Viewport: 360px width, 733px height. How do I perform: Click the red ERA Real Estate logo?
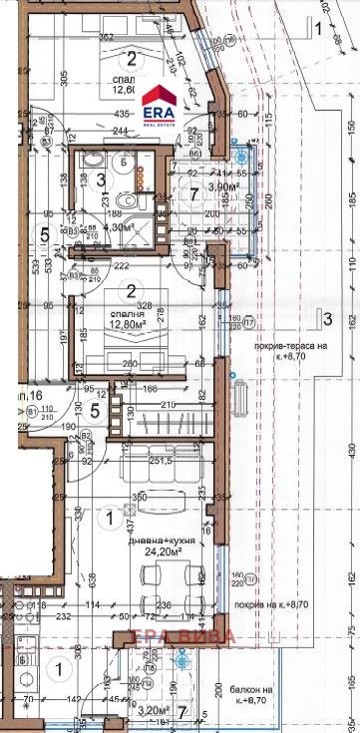pos(161,103)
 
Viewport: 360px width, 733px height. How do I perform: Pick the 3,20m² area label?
pos(154,711)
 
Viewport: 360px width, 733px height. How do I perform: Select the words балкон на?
pos(249,689)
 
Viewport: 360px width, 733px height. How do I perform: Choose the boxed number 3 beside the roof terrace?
pos(324,319)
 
